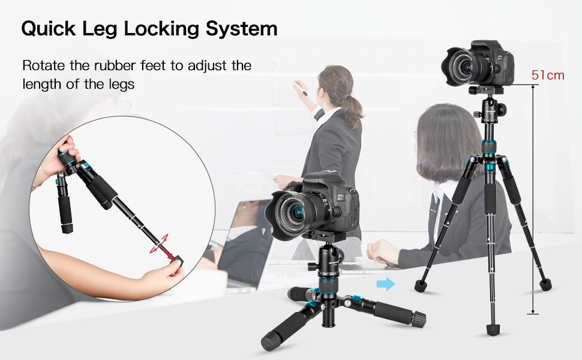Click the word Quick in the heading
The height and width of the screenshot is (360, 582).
click(x=48, y=28)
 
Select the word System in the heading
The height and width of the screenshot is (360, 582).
click(x=242, y=29)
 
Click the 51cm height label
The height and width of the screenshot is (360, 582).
click(x=547, y=76)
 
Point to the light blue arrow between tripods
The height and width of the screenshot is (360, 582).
click(x=386, y=284)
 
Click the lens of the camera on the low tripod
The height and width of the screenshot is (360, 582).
click(x=293, y=214)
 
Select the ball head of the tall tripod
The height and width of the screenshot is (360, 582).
click(x=490, y=109)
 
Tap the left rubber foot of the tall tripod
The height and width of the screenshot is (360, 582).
click(x=421, y=286)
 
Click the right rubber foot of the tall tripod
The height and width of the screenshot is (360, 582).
click(x=545, y=284)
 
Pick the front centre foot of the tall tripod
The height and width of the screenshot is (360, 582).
click(x=493, y=329)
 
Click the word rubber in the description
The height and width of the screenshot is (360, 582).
click(x=115, y=65)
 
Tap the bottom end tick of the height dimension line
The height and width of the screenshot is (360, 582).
click(x=533, y=314)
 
